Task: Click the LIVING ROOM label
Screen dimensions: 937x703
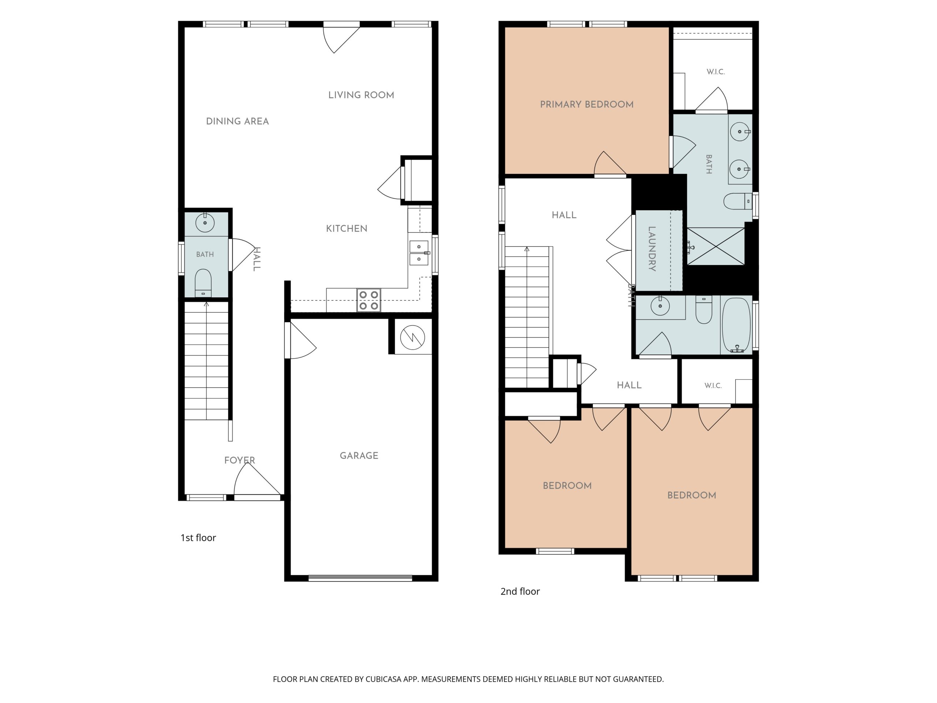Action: click(361, 95)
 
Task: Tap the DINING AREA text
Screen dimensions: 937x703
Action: click(237, 121)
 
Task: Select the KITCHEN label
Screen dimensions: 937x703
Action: click(347, 228)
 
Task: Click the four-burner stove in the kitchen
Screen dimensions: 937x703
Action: click(369, 300)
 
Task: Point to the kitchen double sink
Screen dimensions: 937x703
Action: click(419, 253)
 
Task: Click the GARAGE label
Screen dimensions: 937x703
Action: click(359, 455)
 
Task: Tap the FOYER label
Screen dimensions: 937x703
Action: click(239, 460)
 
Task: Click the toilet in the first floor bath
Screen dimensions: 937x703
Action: click(203, 283)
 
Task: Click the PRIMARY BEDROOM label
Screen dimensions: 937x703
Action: click(587, 104)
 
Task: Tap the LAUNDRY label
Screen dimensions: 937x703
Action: click(652, 249)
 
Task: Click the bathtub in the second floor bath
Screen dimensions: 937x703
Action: click(737, 326)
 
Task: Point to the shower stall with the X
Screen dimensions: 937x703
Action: click(716, 246)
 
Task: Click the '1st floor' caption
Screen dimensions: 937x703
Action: click(198, 538)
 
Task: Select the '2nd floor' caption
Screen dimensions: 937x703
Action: click(520, 592)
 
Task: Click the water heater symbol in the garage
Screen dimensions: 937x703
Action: click(412, 337)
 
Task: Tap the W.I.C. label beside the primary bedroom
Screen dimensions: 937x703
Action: click(716, 72)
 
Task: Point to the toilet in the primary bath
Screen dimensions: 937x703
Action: click(738, 201)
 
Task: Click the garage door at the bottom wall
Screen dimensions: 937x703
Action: click(360, 578)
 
